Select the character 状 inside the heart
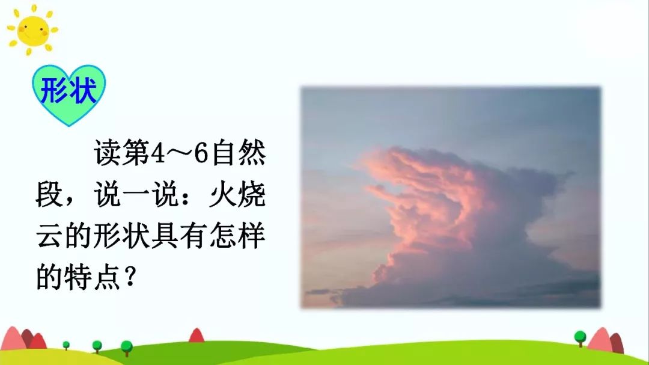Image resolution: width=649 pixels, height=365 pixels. [x=83, y=91]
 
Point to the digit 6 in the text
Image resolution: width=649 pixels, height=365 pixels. [x=201, y=155]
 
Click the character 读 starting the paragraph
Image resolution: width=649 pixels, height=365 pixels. [x=107, y=155]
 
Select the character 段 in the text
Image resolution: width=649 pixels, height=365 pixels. [x=49, y=196]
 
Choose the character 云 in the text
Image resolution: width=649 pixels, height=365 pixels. [x=49, y=237]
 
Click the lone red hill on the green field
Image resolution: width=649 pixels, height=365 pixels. [x=197, y=336]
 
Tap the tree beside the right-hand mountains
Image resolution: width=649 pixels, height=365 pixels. [x=579, y=337]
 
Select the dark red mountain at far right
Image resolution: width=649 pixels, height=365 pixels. [x=617, y=343]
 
